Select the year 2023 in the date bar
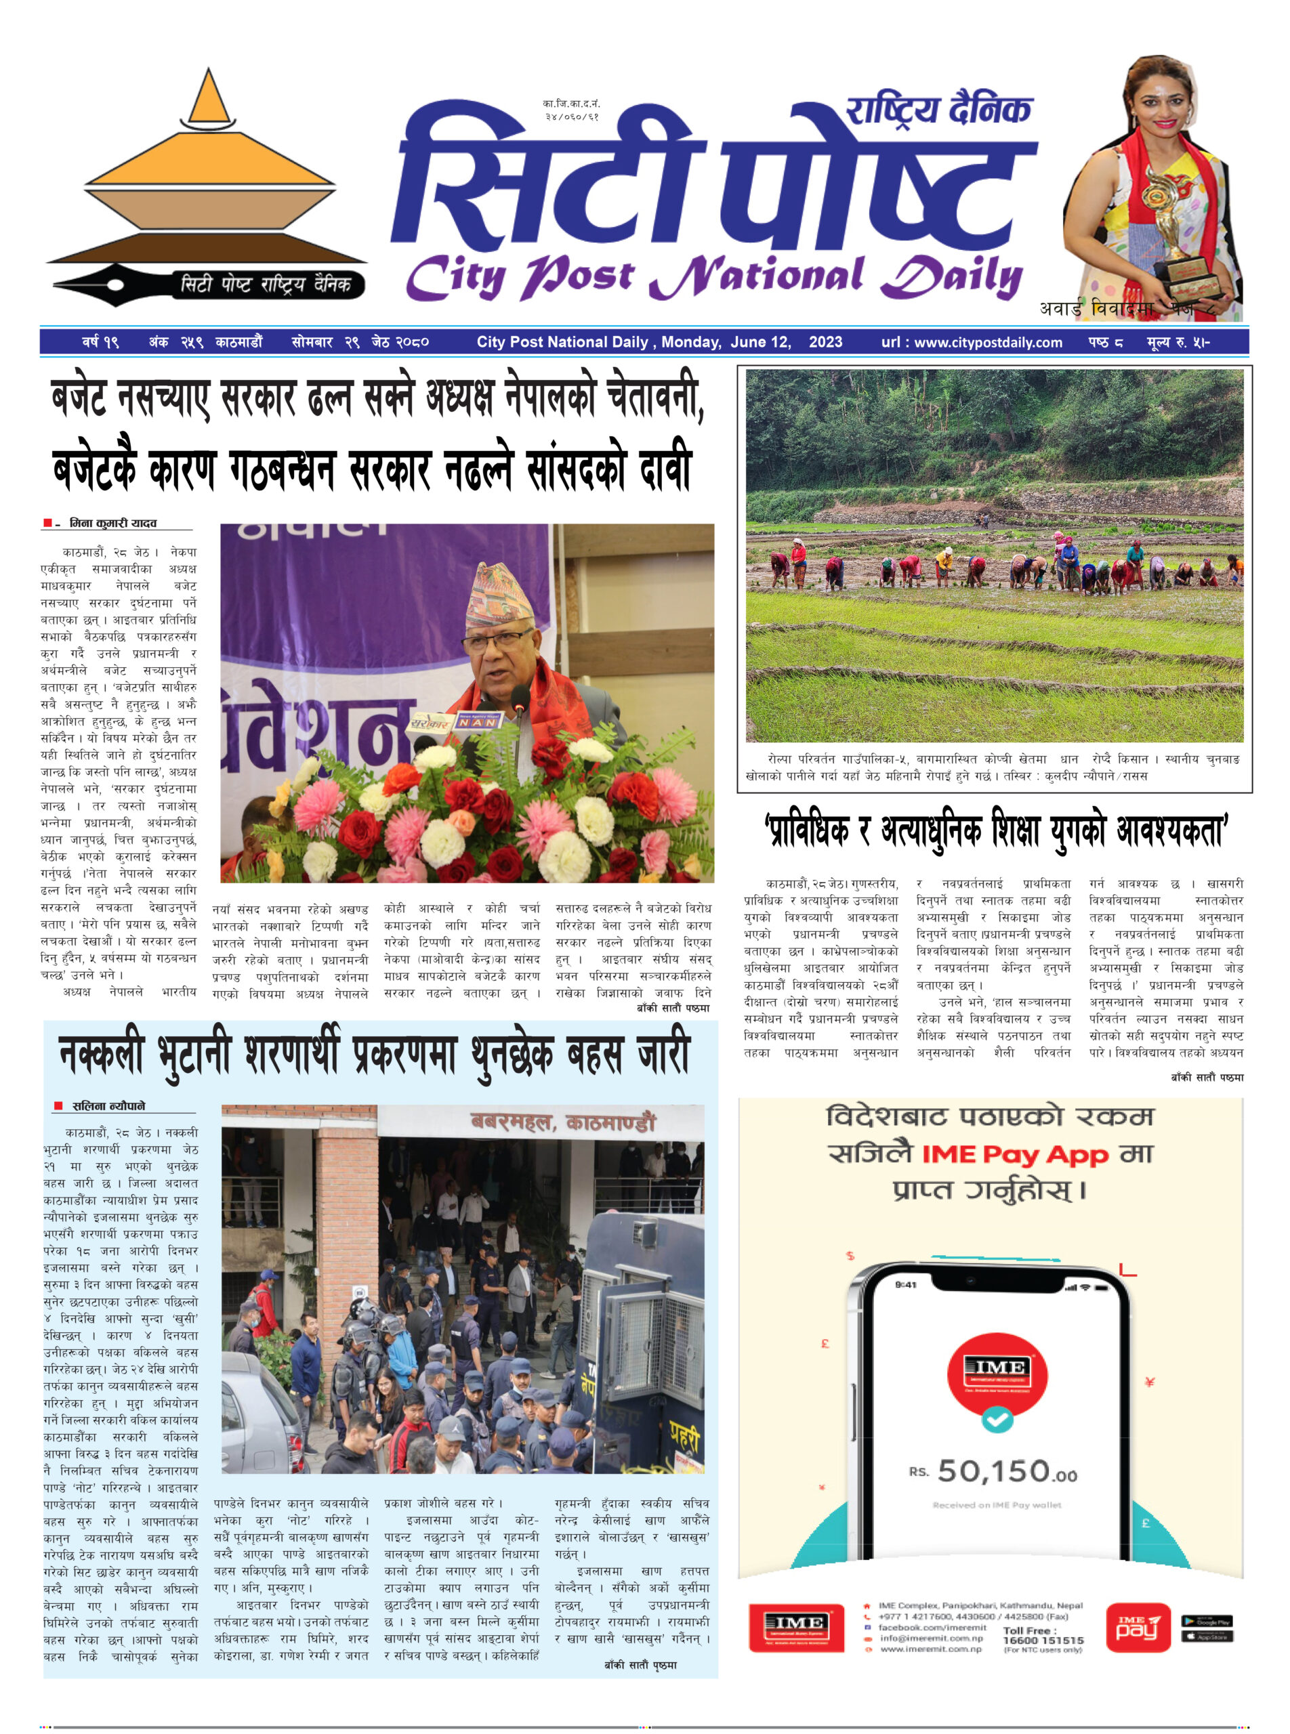click(x=825, y=342)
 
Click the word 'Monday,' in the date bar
click(x=692, y=342)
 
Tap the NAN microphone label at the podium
click(x=477, y=721)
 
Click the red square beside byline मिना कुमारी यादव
click(x=47, y=522)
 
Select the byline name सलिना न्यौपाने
click(x=108, y=1105)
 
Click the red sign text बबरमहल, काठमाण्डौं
click(x=562, y=1122)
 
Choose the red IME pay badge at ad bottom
click(x=1138, y=1628)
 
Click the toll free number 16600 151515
click(x=1043, y=1641)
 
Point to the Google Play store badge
click(x=1207, y=1621)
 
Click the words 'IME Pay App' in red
click(x=1015, y=1154)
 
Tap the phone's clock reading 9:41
click(x=905, y=1284)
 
